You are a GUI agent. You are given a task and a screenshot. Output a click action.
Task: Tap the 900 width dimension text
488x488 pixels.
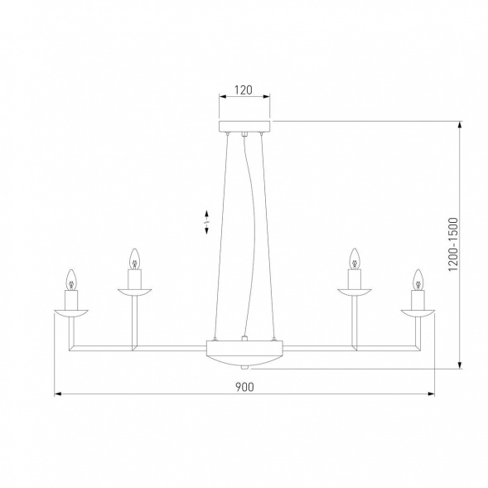[x=244, y=386]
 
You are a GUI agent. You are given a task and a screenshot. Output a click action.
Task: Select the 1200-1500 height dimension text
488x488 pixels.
[x=452, y=245]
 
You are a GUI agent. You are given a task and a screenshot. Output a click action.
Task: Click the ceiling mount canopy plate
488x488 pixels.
[x=244, y=127]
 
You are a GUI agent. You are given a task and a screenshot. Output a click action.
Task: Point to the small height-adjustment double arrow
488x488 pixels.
[x=207, y=222]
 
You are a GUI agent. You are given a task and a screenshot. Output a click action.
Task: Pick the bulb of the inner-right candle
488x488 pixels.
[x=355, y=256]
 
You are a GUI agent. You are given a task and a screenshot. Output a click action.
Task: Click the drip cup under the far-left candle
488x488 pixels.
[x=72, y=312]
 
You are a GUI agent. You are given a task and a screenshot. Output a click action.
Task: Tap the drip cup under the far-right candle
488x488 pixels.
[x=418, y=312]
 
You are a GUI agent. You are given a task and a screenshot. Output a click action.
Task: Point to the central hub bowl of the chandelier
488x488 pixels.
[x=244, y=352]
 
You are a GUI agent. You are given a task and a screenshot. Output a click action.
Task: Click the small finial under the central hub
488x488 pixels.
[x=244, y=366]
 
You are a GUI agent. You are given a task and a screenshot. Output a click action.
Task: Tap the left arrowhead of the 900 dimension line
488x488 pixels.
[x=58, y=394]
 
